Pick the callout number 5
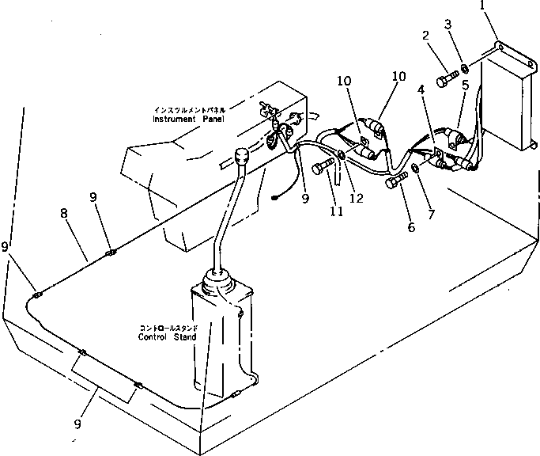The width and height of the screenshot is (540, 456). [465, 84]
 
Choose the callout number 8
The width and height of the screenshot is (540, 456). [63, 213]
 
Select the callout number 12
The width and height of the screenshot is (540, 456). [357, 198]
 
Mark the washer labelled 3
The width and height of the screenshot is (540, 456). [463, 69]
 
